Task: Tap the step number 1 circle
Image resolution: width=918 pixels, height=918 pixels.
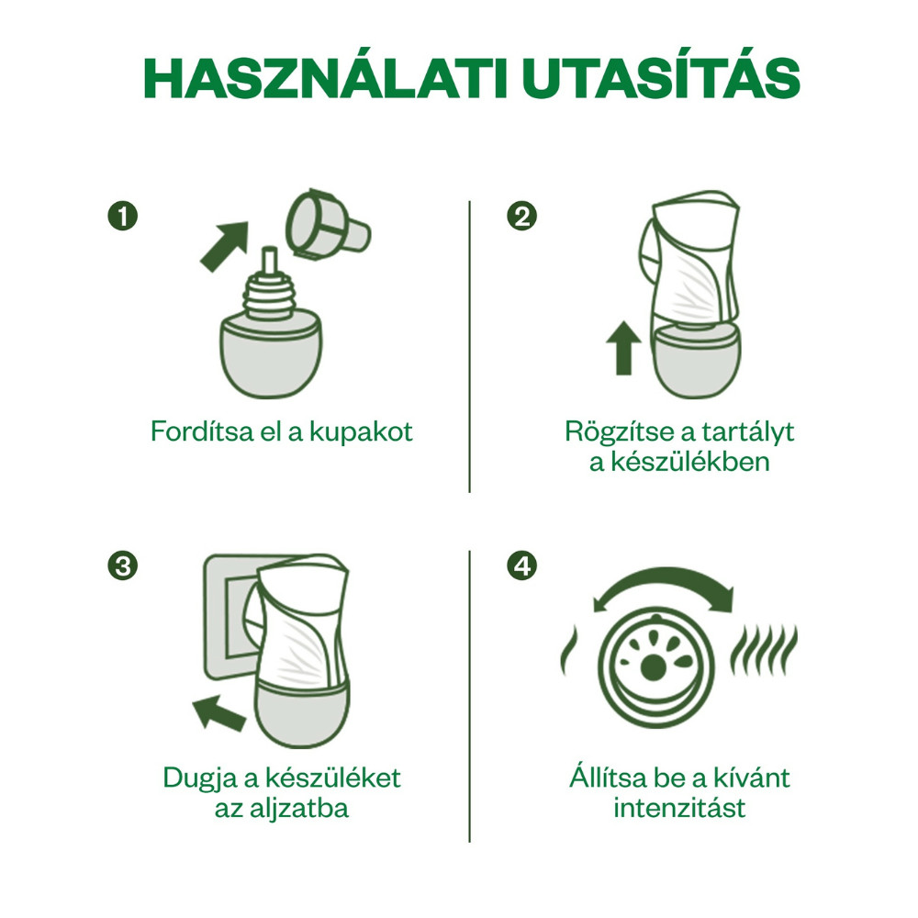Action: [122, 217]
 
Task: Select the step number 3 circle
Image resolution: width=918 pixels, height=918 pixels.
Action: [122, 565]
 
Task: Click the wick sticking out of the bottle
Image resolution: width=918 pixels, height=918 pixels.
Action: [270, 262]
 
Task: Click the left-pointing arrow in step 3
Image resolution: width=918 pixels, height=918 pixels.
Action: [219, 709]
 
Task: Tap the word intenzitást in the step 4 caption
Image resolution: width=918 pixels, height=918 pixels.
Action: [679, 809]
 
